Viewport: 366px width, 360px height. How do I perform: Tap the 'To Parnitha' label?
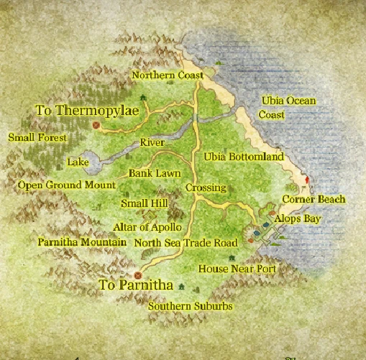136,286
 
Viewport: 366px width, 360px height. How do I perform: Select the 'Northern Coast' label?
168,75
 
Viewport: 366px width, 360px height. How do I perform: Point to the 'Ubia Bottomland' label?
244,157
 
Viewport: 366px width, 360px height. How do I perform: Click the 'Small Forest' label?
37,137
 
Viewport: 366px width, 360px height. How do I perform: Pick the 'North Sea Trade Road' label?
186,243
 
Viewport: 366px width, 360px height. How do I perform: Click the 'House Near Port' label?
237,269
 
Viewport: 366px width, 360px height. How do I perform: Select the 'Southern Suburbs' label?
190,306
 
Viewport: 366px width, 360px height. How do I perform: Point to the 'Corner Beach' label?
314,199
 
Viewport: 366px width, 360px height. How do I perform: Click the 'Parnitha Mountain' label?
81,242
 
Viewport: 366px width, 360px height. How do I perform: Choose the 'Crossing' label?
206,188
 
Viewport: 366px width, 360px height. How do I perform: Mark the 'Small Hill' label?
144,204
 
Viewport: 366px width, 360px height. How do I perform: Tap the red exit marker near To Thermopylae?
95,124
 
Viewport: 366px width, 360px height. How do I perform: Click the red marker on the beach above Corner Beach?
307,179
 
